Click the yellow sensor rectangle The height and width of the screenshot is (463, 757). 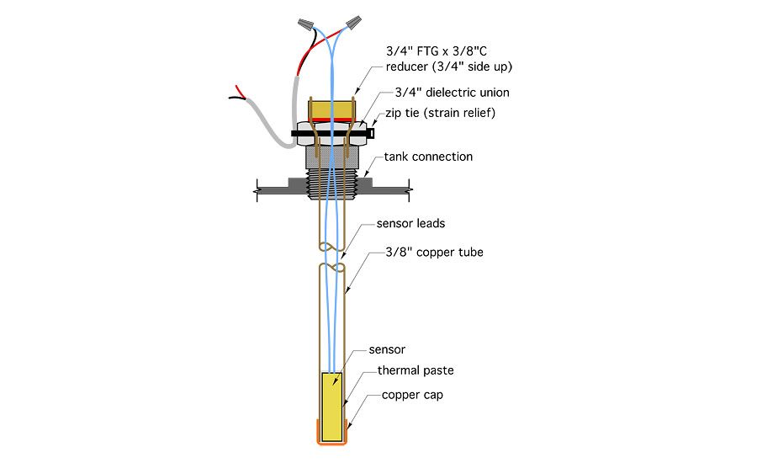pos(334,406)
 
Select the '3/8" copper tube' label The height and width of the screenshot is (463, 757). pos(433,252)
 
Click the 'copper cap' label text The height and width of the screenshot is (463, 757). pos(412,394)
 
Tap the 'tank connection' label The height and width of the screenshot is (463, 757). pos(428,157)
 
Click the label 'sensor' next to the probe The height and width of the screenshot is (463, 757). pos(388,349)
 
